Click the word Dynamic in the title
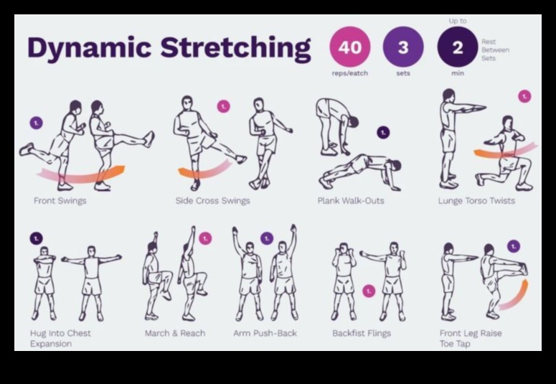[90, 49]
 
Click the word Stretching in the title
[235, 49]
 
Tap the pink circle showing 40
[349, 47]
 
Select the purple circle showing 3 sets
[403, 47]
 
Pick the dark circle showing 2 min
[457, 47]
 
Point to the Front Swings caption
[60, 201]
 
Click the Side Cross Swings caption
[212, 201]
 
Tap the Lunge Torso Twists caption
[476, 201]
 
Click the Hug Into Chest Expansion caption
[60, 338]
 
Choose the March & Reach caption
[175, 333]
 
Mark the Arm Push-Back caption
[265, 333]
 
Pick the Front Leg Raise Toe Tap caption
[471, 338]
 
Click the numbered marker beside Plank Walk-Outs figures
[383, 132]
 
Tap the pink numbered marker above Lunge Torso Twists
[524, 96]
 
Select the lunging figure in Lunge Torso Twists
[505, 154]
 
